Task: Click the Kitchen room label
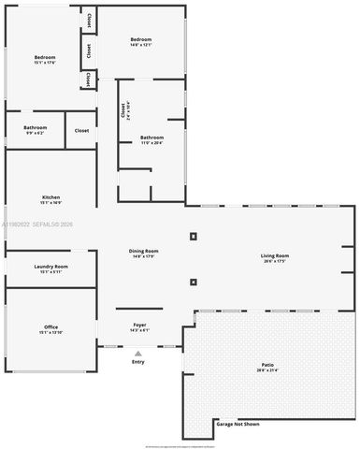coord(50,197)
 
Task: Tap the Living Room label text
coord(274,255)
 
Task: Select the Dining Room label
coord(143,251)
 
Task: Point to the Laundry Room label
coord(50,267)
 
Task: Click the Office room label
coord(50,326)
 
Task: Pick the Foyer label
coord(138,325)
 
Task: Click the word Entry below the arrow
coord(138,362)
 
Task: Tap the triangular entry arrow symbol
coord(138,353)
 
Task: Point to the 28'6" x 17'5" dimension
coord(274,262)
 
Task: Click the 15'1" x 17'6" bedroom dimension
coord(45,63)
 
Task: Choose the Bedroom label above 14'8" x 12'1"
coord(141,38)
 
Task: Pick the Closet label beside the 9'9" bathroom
coord(81,130)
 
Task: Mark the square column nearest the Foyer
coord(194,282)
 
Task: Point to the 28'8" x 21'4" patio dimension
coord(267,370)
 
